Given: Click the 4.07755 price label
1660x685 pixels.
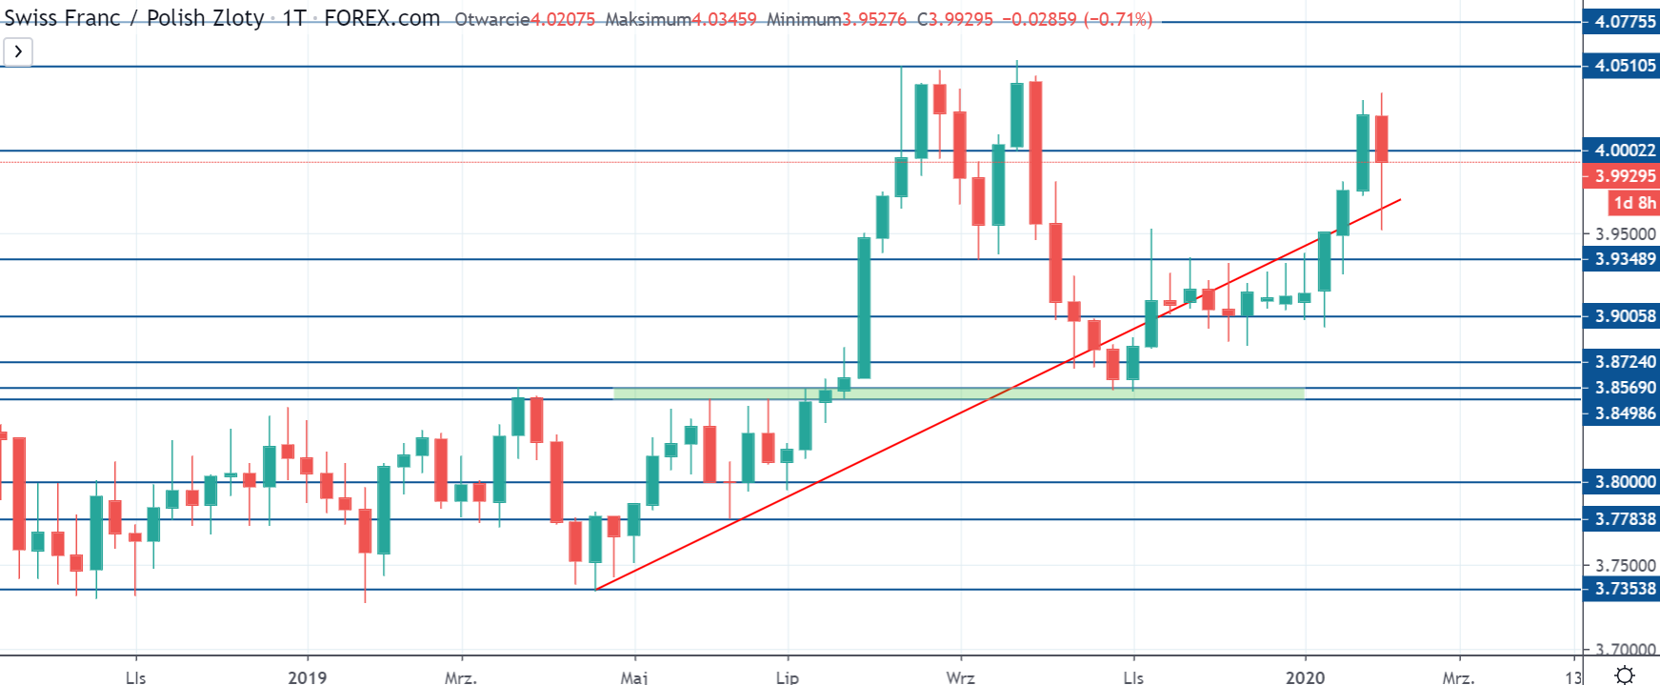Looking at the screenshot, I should pos(1624,21).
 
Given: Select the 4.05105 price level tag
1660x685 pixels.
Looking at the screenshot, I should pos(1624,66).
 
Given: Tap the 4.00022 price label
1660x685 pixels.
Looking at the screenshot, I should pos(1624,151).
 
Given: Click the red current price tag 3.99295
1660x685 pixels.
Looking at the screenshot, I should pos(1624,176).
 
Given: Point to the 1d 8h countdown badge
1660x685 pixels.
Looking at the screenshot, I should pos(1634,203).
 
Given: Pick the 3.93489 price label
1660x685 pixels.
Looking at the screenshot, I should pos(1624,259).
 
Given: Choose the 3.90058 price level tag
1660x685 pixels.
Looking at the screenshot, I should pos(1624,316).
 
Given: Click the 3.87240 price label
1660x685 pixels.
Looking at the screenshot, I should pos(1624,362).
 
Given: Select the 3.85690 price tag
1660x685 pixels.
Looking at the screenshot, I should pos(1624,388).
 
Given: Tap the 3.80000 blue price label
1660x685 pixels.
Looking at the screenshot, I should pos(1624,482).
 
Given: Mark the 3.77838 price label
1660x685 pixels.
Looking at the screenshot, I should pos(1624,519).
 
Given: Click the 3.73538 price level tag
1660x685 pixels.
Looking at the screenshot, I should pos(1624,589).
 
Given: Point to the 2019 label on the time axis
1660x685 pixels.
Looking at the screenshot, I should pos(307,676).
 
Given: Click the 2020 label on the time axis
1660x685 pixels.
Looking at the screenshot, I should pos(1305,676).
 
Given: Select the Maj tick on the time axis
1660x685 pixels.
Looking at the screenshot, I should pos(633,676).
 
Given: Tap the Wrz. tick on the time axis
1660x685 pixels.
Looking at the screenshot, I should pos(960,676).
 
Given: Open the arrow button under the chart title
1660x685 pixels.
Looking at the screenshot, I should pos(18,51).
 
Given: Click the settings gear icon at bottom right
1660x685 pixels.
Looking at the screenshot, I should pos(1625,675).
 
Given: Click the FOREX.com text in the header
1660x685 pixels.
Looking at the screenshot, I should pos(382,18).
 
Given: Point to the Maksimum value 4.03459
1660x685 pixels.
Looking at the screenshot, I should pos(723,19).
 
